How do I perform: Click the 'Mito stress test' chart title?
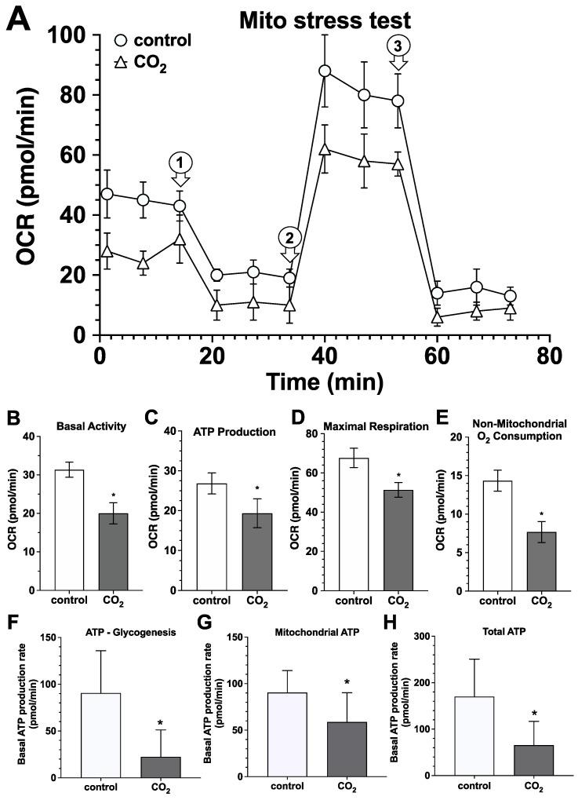(x=341, y=16)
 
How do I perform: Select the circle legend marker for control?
(x=120, y=40)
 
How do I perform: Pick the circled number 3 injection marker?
(x=398, y=46)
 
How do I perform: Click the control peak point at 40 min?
(x=325, y=71)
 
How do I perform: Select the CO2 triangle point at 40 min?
(x=325, y=149)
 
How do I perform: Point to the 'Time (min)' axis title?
(x=324, y=382)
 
